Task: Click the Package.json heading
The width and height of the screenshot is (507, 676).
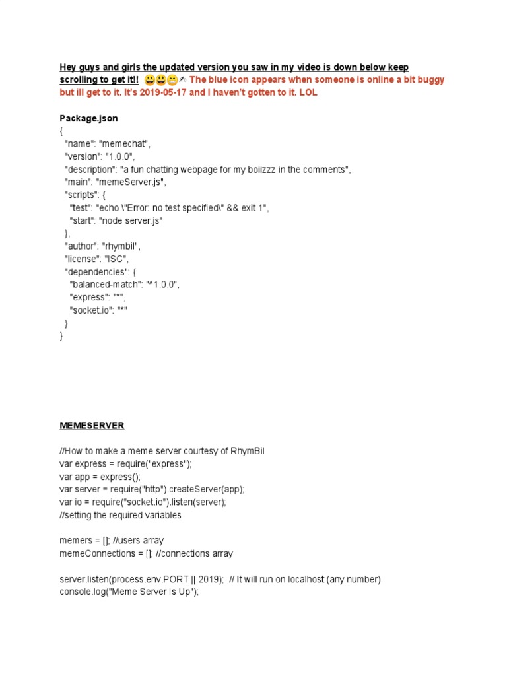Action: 88,119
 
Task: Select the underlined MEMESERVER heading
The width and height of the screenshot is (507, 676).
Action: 92,426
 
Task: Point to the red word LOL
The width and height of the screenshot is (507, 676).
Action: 308,93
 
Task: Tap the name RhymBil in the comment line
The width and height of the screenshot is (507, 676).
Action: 248,451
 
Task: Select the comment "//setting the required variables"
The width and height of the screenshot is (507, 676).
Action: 120,515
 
